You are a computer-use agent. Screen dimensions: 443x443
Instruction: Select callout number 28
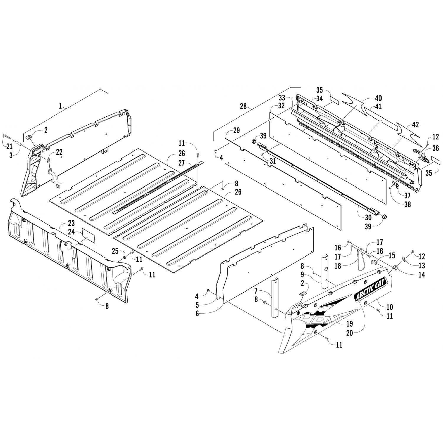pos(244,106)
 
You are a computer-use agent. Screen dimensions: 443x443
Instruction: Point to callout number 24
pos(71,232)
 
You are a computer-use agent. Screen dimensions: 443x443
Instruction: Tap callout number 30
pos(368,218)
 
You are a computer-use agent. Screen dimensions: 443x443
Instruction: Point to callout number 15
pos(392,255)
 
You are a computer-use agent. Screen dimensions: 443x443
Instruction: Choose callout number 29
pos(236,130)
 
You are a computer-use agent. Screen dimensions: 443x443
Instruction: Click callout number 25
pos(115,251)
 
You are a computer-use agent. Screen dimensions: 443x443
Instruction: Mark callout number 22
pos(59,152)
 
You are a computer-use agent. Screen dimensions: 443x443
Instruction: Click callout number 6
pos(197,314)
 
